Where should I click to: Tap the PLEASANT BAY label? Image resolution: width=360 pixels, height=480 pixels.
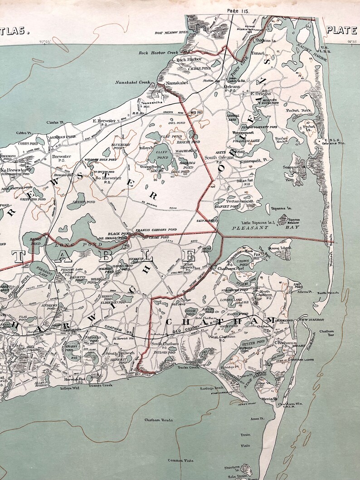click(249, 230)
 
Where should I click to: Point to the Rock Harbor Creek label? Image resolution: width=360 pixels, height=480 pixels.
click(156, 52)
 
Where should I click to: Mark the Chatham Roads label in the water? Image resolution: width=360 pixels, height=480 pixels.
click(159, 420)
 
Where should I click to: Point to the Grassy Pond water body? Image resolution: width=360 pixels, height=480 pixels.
click(72, 350)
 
